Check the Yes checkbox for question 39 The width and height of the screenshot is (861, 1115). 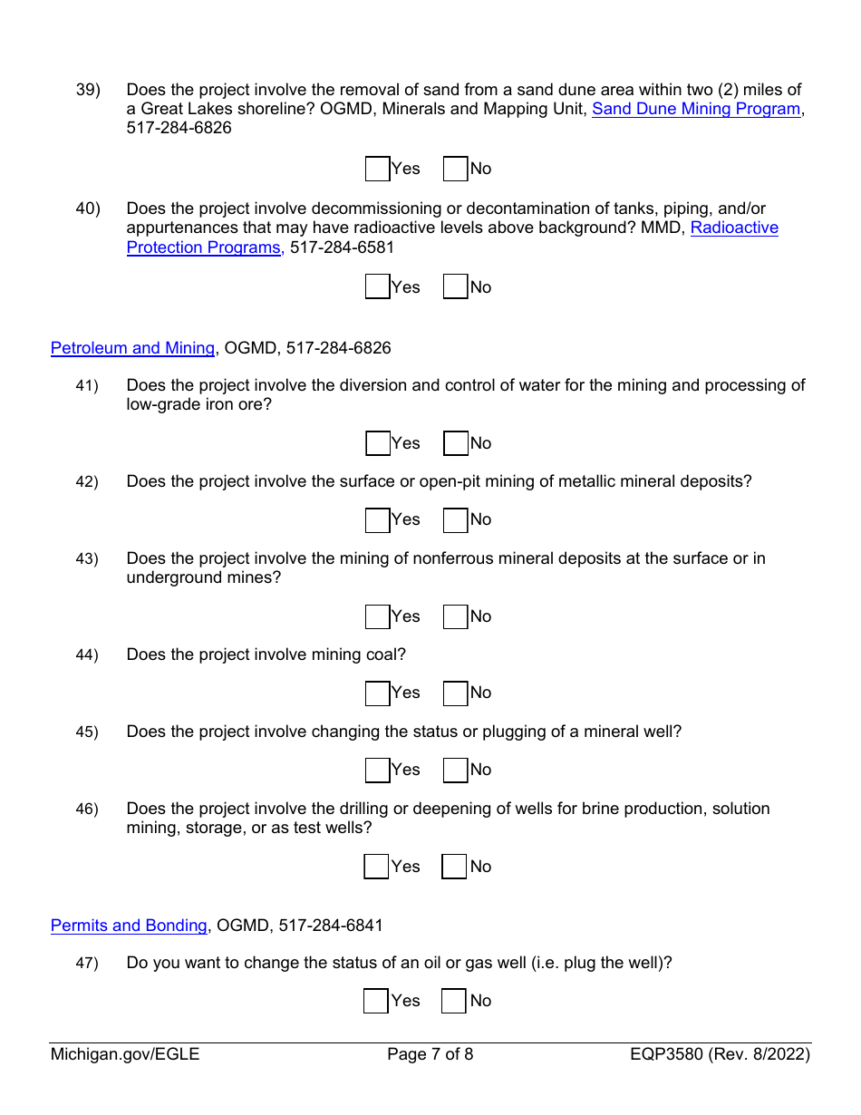pos(377,169)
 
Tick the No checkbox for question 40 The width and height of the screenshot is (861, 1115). pos(455,287)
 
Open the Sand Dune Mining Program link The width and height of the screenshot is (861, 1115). pos(696,109)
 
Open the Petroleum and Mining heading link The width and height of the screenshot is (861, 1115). pos(132,348)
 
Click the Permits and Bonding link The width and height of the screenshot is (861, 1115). pos(129,926)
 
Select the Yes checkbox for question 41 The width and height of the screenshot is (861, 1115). pos(377,443)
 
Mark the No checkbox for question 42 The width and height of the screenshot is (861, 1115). pos(455,519)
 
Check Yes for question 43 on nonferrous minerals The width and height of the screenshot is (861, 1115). pos(377,616)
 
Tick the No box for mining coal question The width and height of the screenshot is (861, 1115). pos(455,693)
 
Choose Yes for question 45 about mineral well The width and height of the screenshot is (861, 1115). pos(377,770)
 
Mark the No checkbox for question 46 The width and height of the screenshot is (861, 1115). pos(454,867)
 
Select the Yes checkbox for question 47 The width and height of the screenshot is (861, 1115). pos(376,1001)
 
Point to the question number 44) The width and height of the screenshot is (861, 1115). pos(87,655)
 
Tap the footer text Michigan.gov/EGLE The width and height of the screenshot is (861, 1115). pos(125,1054)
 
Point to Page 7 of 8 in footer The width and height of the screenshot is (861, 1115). pos(430,1054)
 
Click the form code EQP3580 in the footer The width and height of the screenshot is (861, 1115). pos(668,1054)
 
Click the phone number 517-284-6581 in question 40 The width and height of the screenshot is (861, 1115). pos(343,247)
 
